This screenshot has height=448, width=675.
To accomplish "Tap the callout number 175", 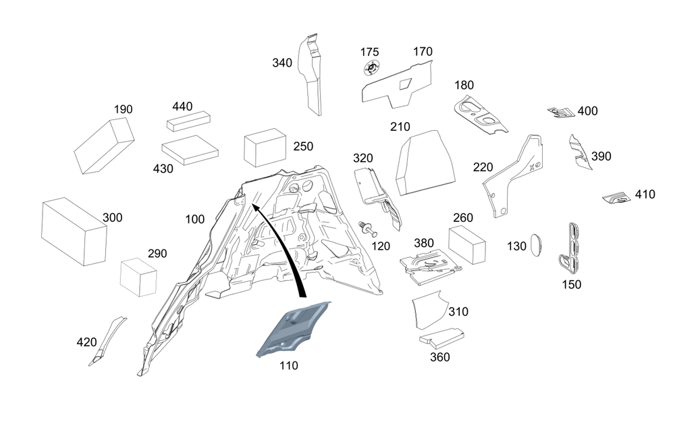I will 369,52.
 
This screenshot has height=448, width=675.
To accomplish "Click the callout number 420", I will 86,342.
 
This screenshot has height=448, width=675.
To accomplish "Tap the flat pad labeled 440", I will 188,123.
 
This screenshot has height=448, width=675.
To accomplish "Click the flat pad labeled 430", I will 190,149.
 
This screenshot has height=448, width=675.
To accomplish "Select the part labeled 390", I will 578,152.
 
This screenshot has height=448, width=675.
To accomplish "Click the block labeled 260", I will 468,244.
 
